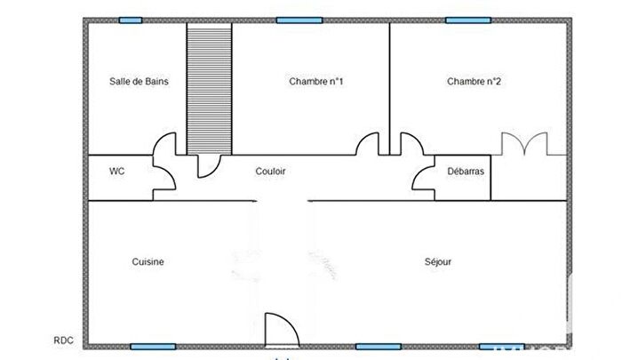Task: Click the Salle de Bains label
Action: (139, 82)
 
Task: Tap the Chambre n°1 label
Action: (315, 82)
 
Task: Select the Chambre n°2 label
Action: (474, 82)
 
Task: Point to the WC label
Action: (116, 172)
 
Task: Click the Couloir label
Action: (270, 172)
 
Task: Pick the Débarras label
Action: (466, 172)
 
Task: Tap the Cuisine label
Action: (148, 262)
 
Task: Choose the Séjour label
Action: (438, 262)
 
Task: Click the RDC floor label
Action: (63, 340)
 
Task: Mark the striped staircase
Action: (209, 89)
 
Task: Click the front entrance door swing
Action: (282, 330)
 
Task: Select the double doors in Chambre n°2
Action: (524, 144)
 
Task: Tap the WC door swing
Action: (164, 178)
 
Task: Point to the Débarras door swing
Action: (424, 178)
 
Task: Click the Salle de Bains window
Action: (131, 20)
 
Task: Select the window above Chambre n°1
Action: (299, 20)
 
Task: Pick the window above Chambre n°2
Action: (468, 20)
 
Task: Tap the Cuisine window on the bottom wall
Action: (153, 347)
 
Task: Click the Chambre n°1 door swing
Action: (367, 144)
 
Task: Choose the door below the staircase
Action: (209, 166)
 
